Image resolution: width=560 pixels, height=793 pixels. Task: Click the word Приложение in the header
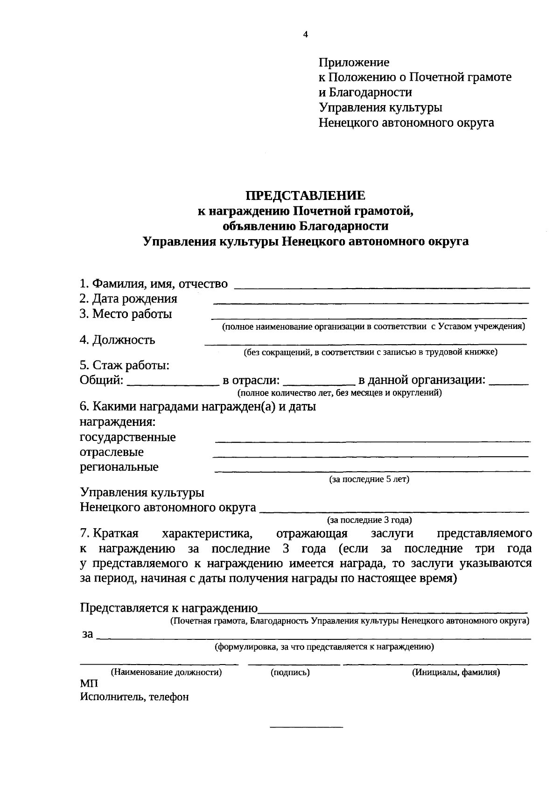354,62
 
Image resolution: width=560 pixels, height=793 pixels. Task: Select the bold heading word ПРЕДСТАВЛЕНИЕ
306,195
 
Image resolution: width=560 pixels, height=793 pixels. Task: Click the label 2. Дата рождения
128,298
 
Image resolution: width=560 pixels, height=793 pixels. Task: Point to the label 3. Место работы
126,314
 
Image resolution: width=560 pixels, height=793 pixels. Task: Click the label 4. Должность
117,340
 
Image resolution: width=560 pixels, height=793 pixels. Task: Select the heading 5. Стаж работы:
124,365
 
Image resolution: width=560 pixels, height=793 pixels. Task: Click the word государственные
128,438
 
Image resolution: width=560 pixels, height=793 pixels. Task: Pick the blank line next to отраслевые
371,455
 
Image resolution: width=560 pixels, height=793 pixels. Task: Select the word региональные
119,467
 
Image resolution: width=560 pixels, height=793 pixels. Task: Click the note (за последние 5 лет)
369,479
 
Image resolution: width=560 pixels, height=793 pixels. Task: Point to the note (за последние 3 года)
369,519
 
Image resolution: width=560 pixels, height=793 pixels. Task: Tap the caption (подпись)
290,673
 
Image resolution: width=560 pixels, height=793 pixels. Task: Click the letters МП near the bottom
89,684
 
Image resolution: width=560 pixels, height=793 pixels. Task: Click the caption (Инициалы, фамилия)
455,673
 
